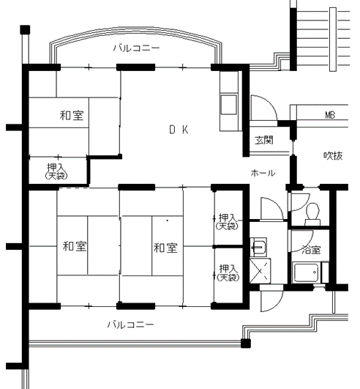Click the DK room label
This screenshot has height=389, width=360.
(x=179, y=130)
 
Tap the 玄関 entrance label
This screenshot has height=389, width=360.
(x=264, y=140)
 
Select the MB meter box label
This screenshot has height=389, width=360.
(x=330, y=115)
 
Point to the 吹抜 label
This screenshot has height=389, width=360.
(x=333, y=155)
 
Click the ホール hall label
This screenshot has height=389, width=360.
(x=263, y=173)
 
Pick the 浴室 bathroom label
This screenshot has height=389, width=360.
(x=312, y=250)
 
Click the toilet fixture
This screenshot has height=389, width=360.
(x=312, y=214)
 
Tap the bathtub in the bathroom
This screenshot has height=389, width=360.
(x=306, y=273)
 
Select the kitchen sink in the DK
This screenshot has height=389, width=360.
(x=228, y=104)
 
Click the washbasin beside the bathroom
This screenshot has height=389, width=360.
(x=258, y=247)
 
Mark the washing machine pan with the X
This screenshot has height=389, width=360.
(x=260, y=270)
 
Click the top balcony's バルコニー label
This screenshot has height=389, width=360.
(x=137, y=48)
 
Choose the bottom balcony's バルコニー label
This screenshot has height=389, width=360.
(x=130, y=325)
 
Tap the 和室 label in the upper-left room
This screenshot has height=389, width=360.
(x=72, y=116)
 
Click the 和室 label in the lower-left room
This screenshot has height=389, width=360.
(x=75, y=246)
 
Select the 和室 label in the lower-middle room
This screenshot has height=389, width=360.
(x=165, y=248)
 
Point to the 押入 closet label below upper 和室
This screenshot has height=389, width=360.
(x=57, y=171)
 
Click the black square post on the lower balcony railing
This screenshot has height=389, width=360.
(x=246, y=344)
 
